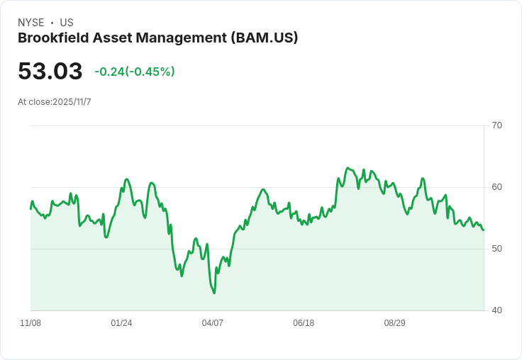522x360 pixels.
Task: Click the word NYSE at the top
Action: pyautogui.click(x=31, y=23)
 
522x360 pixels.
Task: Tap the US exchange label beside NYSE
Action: pyautogui.click(x=67, y=23)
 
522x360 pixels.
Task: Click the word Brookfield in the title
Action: pyautogui.click(x=52, y=38)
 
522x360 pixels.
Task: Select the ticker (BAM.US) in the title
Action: pyautogui.click(x=265, y=38)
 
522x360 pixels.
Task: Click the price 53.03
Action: pyautogui.click(x=50, y=71)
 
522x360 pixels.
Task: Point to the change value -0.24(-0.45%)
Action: pyautogui.click(x=135, y=72)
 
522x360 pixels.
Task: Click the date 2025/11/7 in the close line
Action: pyautogui.click(x=72, y=102)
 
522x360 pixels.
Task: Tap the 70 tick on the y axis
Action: pyautogui.click(x=497, y=125)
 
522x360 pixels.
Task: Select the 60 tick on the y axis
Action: pyautogui.click(x=497, y=187)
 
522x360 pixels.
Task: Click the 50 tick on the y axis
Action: pyautogui.click(x=497, y=249)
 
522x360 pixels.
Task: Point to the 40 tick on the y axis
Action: pyautogui.click(x=497, y=310)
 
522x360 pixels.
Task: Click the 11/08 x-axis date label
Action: pyautogui.click(x=30, y=323)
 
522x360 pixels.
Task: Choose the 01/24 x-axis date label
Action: pyautogui.click(x=121, y=323)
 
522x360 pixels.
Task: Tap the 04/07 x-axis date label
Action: pyautogui.click(x=213, y=323)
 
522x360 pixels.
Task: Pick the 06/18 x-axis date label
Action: pyautogui.click(x=304, y=323)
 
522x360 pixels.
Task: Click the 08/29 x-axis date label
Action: pyautogui.click(x=395, y=323)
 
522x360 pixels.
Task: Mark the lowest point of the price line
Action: pyautogui.click(x=214, y=293)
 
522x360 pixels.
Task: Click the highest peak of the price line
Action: pyautogui.click(x=348, y=168)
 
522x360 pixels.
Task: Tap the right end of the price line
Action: pyautogui.click(x=484, y=230)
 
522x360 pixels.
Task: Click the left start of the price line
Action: pyautogui.click(x=30, y=209)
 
